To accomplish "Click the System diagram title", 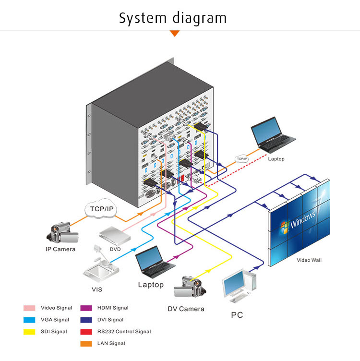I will (x=173, y=18).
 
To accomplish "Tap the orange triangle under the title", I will (x=175, y=33).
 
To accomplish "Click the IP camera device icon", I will (x=62, y=232).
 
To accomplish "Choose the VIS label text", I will (x=96, y=289).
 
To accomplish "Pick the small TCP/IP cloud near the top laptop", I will (x=241, y=158).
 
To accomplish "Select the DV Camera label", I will (x=186, y=309).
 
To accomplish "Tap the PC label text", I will (x=237, y=315).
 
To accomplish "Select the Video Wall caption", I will (x=309, y=260).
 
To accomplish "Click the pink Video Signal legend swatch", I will (x=30, y=308).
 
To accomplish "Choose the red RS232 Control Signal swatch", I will (x=86, y=332).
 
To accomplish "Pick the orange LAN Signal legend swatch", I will (x=86, y=344).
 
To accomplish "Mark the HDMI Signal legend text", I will (x=113, y=308).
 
